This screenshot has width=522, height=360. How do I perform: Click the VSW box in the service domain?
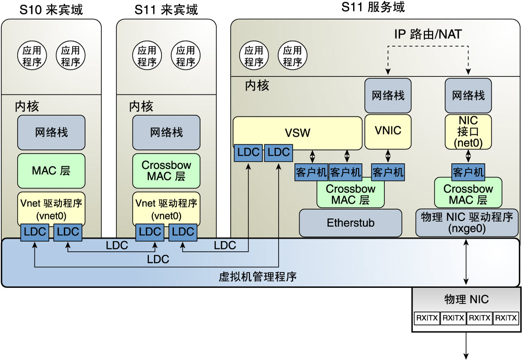click(x=297, y=133)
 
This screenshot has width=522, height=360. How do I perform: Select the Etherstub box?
click(x=350, y=223)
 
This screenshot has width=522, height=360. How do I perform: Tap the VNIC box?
click(x=388, y=131)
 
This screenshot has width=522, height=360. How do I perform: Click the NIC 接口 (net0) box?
click(x=468, y=132)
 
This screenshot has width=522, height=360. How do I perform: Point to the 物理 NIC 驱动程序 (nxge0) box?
click(x=467, y=222)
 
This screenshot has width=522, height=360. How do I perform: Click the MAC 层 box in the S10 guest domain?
click(x=51, y=171)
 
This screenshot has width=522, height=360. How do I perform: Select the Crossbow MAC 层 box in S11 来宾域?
click(x=166, y=171)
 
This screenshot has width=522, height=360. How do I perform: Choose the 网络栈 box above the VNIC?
click(x=388, y=95)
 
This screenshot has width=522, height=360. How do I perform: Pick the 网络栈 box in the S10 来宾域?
click(x=51, y=132)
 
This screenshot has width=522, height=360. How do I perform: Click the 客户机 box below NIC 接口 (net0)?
click(x=468, y=172)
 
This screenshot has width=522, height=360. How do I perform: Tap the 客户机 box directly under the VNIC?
click(x=388, y=172)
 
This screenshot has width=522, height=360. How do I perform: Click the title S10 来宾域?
click(x=51, y=9)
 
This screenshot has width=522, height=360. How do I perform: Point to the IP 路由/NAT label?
click(x=428, y=34)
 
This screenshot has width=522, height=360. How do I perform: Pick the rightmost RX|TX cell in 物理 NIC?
click(x=506, y=318)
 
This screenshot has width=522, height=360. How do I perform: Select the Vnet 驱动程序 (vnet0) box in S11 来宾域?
click(x=166, y=209)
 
